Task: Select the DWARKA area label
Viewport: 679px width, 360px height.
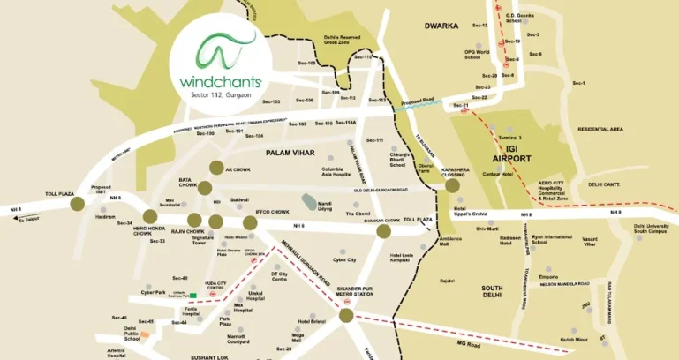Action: pos(441,26)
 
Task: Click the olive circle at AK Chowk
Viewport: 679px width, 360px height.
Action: pos(215,168)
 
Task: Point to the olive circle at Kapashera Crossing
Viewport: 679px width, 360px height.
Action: pos(453,185)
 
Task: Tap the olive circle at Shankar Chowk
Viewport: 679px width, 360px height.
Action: pos(383,231)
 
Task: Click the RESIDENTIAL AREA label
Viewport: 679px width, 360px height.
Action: pos(600,129)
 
